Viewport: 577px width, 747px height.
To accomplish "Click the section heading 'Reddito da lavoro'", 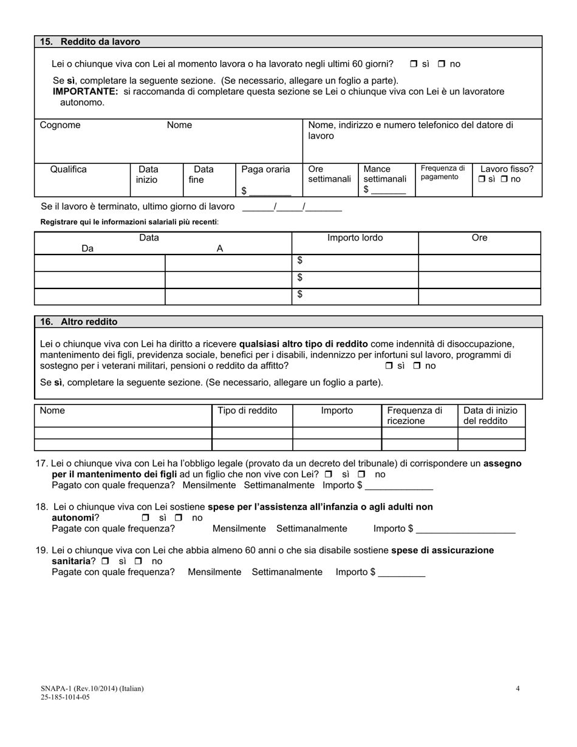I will point(100,42).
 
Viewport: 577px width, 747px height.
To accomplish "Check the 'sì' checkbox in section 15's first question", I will point(414,64).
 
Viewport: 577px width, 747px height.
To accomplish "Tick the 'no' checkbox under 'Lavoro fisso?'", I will point(504,180).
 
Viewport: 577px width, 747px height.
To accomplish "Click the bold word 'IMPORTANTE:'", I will point(85,92).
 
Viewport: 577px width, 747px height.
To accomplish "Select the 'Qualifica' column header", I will point(68,169).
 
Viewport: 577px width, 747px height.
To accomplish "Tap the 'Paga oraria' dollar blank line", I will point(270,191).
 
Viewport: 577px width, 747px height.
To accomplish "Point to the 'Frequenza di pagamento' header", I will point(443,172).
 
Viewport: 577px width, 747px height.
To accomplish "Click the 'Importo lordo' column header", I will point(355,238).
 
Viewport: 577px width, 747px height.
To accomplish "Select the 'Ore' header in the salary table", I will point(479,238).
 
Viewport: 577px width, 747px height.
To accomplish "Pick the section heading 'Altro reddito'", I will point(89,322).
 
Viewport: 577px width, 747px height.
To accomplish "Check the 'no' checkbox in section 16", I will point(417,366).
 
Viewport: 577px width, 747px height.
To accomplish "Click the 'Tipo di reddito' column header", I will point(247,411).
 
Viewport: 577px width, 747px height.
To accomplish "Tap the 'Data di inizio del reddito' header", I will point(490,416).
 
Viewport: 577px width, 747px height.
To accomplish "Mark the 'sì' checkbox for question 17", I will point(329,474).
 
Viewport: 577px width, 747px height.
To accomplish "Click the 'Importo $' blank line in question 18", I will point(465,529).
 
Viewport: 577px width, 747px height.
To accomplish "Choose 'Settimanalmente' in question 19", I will point(287,572).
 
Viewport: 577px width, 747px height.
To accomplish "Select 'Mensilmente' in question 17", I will point(209,485).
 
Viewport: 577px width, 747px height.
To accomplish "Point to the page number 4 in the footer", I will point(517,689).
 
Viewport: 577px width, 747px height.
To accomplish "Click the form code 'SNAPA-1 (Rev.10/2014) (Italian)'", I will point(92,689).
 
